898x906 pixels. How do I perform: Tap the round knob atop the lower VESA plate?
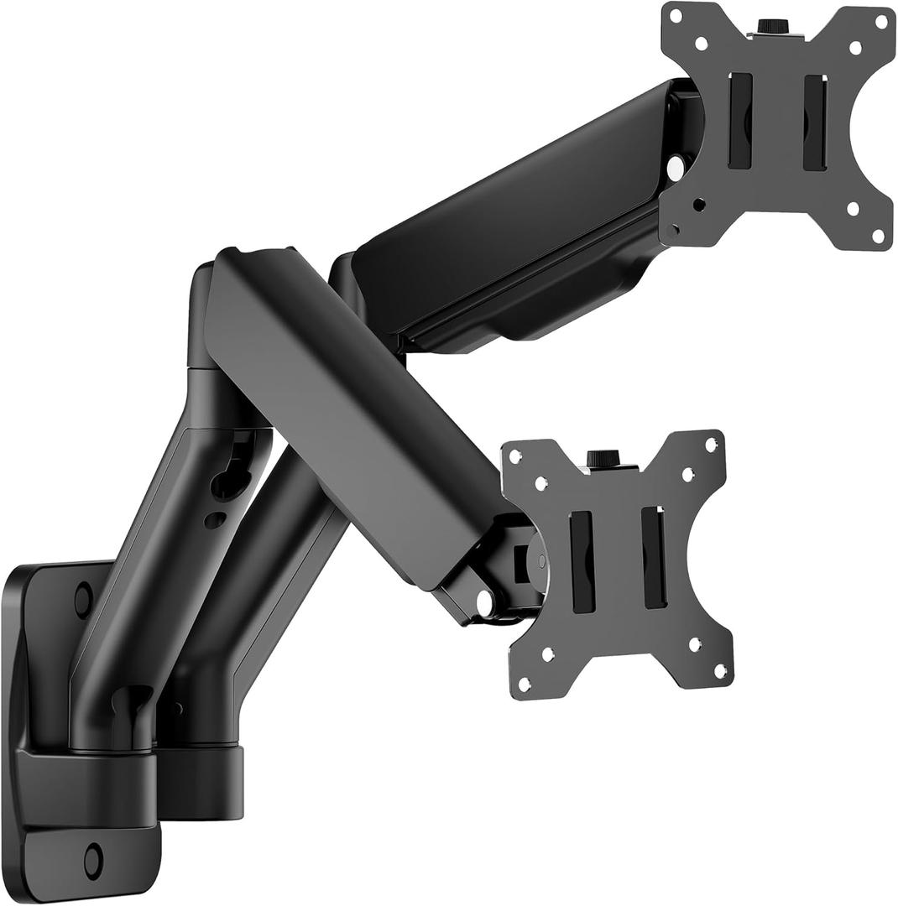[598, 458]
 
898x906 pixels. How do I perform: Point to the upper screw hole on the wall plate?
[82, 597]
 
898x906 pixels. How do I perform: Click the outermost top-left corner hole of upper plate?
[673, 14]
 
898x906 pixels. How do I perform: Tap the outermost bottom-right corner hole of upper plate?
[878, 236]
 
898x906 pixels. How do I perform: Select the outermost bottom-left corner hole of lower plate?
[525, 681]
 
